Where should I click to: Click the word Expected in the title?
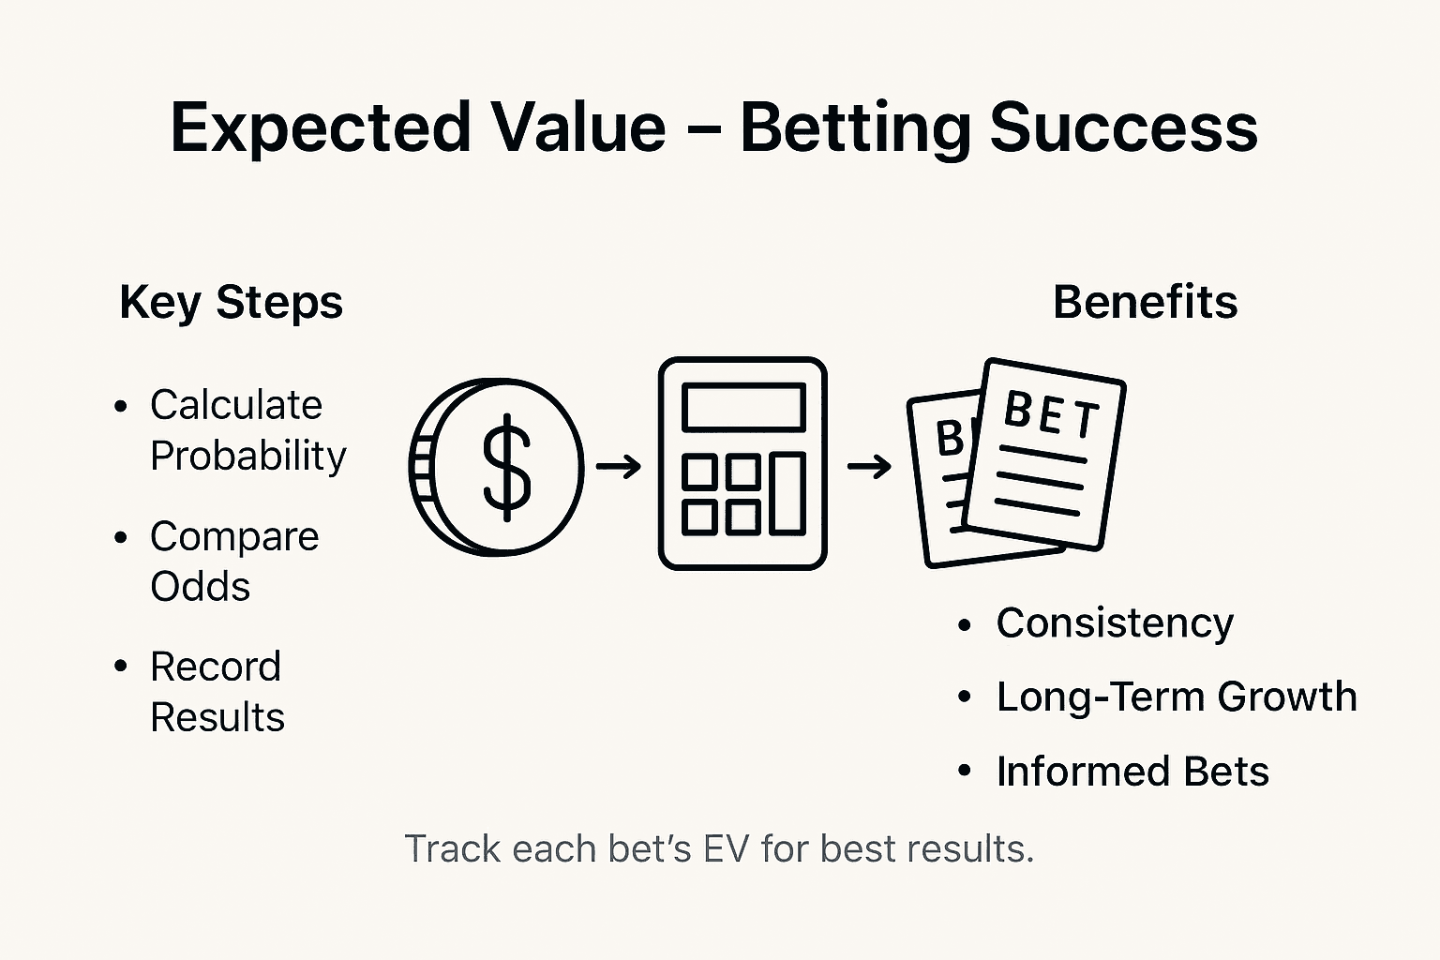pyautogui.click(x=319, y=128)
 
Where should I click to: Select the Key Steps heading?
pyautogui.click(x=231, y=303)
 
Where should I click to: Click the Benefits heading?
pyautogui.click(x=1145, y=303)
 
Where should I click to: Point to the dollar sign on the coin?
pyautogui.click(x=506, y=467)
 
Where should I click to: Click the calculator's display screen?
pyautogui.click(x=742, y=408)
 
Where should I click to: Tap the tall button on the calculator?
pyautogui.click(x=787, y=493)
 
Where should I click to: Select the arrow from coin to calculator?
pyautogui.click(x=619, y=466)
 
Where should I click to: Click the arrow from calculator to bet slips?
pyautogui.click(x=869, y=466)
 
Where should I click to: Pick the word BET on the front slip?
pyautogui.click(x=1050, y=414)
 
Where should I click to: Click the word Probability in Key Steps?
pyautogui.click(x=248, y=457)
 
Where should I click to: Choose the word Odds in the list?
pyautogui.click(x=200, y=587)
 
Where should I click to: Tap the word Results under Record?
pyautogui.click(x=217, y=717)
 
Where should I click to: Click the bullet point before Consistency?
pyautogui.click(x=965, y=625)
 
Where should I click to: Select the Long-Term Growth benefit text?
pyautogui.click(x=1176, y=697)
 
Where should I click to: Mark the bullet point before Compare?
pyautogui.click(x=120, y=538)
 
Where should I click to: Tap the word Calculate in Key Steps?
pyautogui.click(x=236, y=405)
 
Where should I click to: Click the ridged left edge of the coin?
pyautogui.click(x=421, y=466)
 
